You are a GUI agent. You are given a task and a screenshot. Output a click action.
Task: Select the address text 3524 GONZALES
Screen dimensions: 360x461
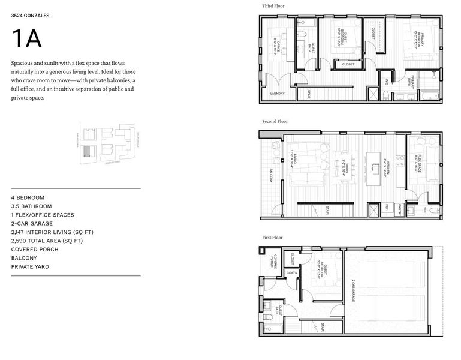click(x=31, y=17)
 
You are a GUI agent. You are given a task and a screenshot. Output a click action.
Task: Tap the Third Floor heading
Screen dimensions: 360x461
click(x=273, y=6)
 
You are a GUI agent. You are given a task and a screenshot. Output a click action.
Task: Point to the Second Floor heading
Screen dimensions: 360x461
click(x=275, y=122)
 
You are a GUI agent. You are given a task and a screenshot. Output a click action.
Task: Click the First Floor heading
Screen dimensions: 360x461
click(x=273, y=238)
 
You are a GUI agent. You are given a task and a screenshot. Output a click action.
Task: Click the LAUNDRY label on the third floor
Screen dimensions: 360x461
click(x=277, y=94)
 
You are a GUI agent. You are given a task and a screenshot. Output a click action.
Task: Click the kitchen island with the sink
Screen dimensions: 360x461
click(x=372, y=166)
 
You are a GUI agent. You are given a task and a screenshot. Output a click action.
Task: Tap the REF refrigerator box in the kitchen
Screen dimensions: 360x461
click(x=387, y=209)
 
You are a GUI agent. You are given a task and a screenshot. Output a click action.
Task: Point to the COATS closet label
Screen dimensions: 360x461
click(x=292, y=272)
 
